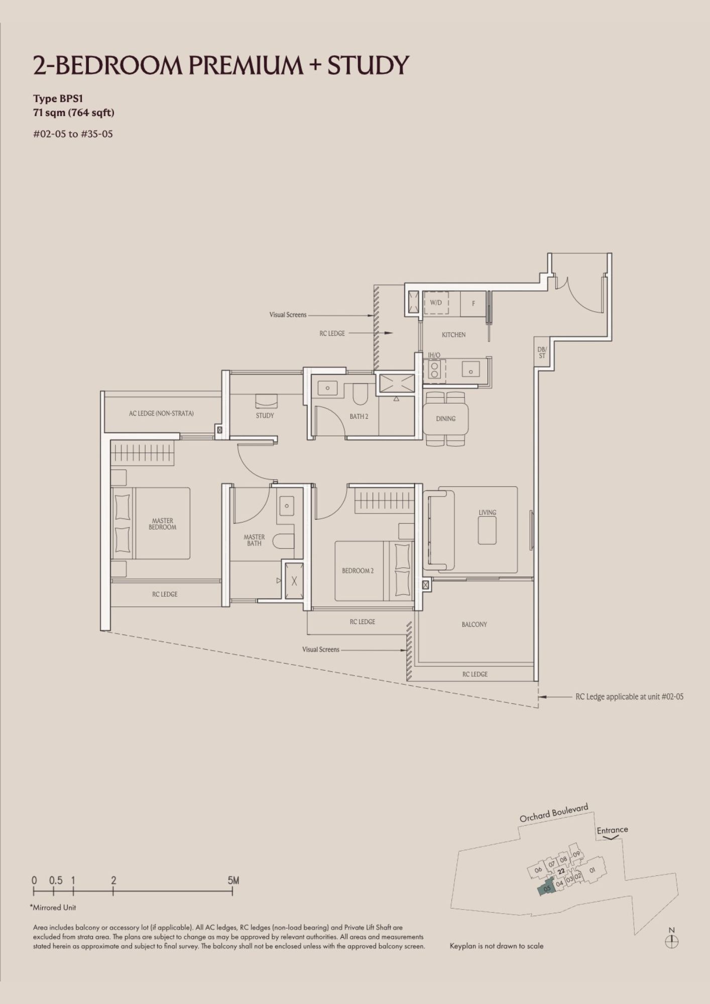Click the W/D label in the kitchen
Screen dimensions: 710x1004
pyautogui.click(x=436, y=303)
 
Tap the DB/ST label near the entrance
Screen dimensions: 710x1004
pyautogui.click(x=542, y=352)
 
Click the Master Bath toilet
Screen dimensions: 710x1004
pyautogui.click(x=284, y=541)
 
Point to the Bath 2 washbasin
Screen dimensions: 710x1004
pyautogui.click(x=328, y=388)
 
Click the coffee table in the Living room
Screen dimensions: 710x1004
pyautogui.click(x=487, y=530)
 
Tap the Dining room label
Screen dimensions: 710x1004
pyautogui.click(x=446, y=419)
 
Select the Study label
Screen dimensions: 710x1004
pyautogui.click(x=265, y=416)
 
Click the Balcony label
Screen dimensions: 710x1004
pyautogui.click(x=475, y=624)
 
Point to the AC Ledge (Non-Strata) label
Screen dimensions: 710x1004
pyautogui.click(x=161, y=414)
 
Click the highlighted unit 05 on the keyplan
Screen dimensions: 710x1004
pyautogui.click(x=547, y=887)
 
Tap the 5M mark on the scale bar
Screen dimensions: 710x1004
pyautogui.click(x=233, y=881)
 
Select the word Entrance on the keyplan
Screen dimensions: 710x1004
pyautogui.click(x=612, y=830)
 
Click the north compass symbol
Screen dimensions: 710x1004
pyautogui.click(x=672, y=942)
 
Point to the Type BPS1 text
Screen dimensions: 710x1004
pyautogui.click(x=58, y=98)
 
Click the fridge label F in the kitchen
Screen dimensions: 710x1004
pyautogui.click(x=474, y=304)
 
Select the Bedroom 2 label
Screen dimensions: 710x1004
pyautogui.click(x=358, y=571)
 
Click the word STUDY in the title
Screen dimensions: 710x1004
pyautogui.click(x=368, y=66)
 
